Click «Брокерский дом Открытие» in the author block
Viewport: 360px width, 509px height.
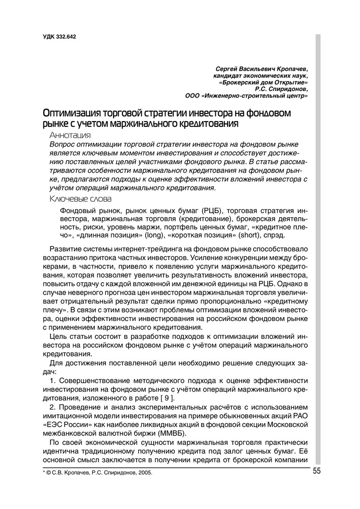pos(264,82)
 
